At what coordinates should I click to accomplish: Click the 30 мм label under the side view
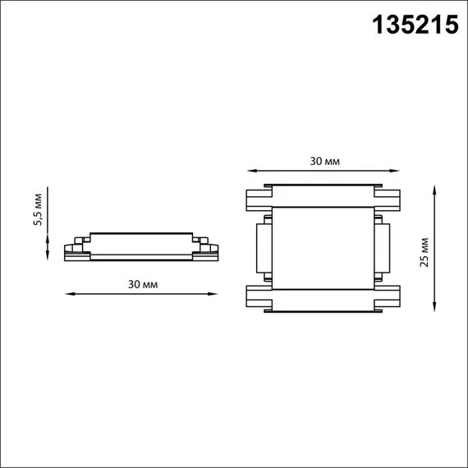pyautogui.click(x=143, y=283)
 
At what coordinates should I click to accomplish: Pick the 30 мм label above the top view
pyautogui.click(x=326, y=161)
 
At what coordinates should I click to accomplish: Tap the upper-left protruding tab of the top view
pyautogui.click(x=258, y=199)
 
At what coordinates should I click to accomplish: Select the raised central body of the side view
pyautogui.click(x=143, y=242)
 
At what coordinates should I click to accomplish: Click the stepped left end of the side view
pyautogui.click(x=76, y=250)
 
